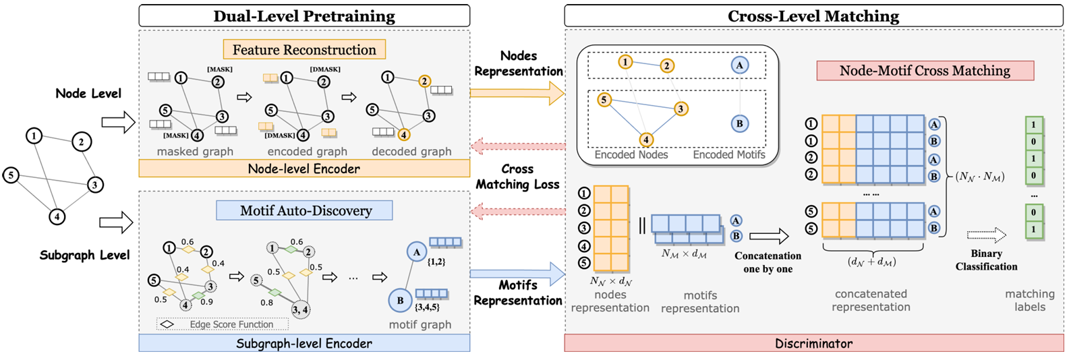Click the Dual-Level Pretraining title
point(304,16)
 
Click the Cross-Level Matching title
point(813,16)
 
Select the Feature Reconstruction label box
point(304,49)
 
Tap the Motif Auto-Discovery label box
point(305,210)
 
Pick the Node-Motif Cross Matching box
point(925,70)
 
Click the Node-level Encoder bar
point(304,169)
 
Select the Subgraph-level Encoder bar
point(304,343)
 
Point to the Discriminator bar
point(813,343)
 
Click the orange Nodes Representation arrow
point(517,93)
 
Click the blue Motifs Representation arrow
point(517,274)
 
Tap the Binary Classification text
point(986,260)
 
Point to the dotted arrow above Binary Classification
point(986,235)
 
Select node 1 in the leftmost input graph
point(34,136)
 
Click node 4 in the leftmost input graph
point(57,216)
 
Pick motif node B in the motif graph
point(400,300)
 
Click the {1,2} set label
point(436,262)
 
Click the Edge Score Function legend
point(224,324)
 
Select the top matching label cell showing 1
point(1033,125)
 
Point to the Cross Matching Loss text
point(517,177)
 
